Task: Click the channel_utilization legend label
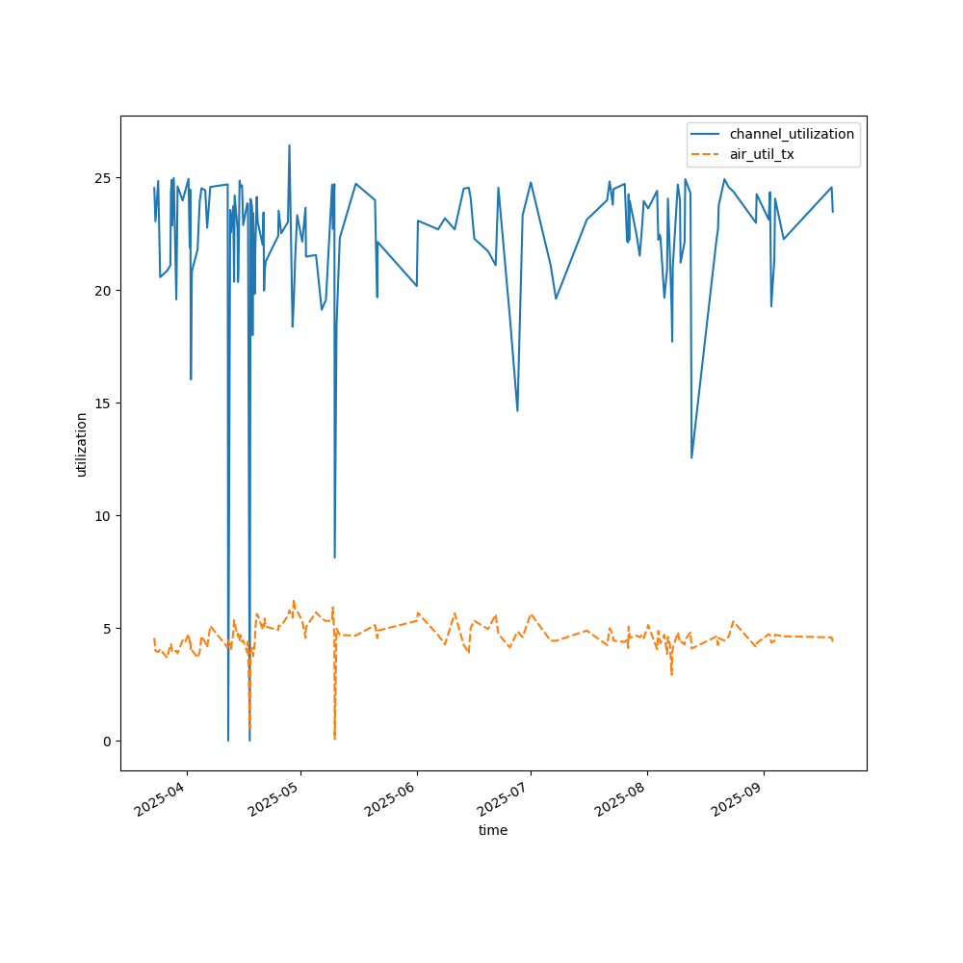(x=792, y=134)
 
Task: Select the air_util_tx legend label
(x=762, y=154)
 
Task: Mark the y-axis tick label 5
(x=108, y=629)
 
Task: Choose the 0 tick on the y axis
(x=108, y=742)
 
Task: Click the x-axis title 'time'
(x=493, y=830)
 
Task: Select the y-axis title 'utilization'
(x=82, y=444)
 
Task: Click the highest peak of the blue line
(x=289, y=145)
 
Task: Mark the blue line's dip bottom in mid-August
(x=691, y=457)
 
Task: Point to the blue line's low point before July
(x=517, y=411)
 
